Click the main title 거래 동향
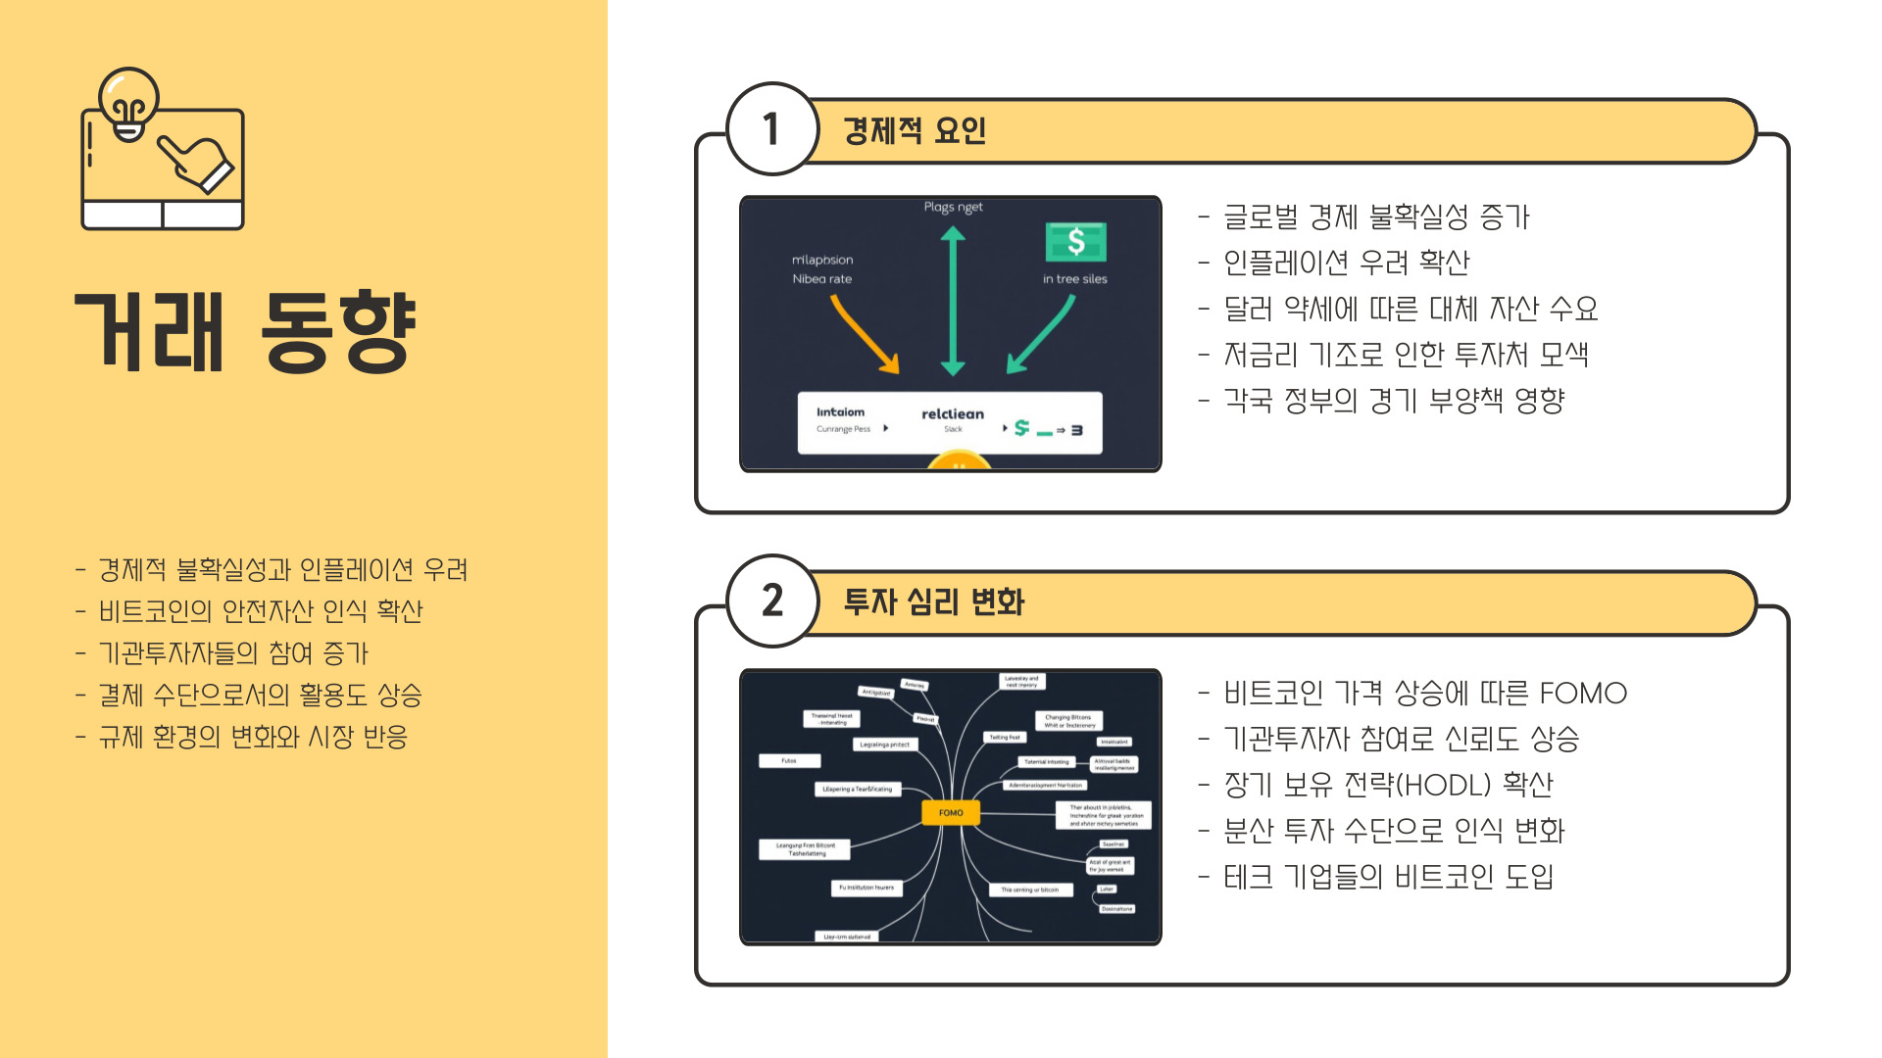(x=246, y=332)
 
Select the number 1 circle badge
(x=772, y=129)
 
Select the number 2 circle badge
(x=772, y=601)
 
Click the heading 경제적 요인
(x=915, y=130)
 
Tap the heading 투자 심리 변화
(x=933, y=601)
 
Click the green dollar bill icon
(x=1075, y=241)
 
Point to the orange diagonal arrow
(x=865, y=334)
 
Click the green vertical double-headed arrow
(x=953, y=301)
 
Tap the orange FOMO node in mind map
(x=951, y=812)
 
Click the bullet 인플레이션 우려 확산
(x=1347, y=263)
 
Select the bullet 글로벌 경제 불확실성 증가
(x=1376, y=216)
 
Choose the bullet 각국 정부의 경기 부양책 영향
(x=1394, y=401)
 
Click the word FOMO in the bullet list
(x=1583, y=694)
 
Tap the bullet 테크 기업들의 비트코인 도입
(x=1388, y=877)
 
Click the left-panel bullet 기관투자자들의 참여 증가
(x=233, y=653)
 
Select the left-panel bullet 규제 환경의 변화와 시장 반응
(x=253, y=737)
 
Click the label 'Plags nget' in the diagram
(x=953, y=208)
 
